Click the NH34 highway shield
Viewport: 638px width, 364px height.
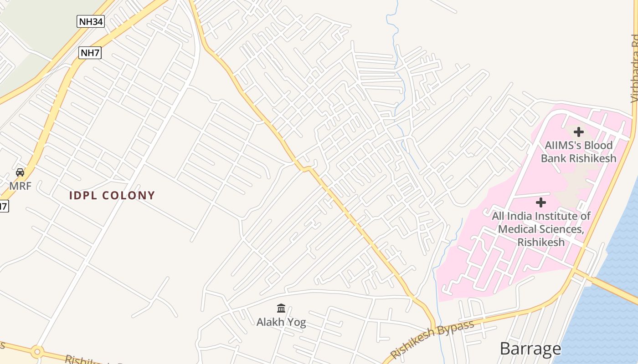(90, 21)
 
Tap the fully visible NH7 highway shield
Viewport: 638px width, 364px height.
(90, 53)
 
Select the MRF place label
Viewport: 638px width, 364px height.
(21, 186)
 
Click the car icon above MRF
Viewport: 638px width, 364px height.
(20, 172)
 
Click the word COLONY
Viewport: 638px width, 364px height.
(129, 196)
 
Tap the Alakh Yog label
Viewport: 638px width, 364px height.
(281, 322)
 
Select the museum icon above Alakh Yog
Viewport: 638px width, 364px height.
(281, 309)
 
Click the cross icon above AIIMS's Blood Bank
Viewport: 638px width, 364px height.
(579, 132)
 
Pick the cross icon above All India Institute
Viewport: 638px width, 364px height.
(541, 202)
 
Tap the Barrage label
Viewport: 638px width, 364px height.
(530, 349)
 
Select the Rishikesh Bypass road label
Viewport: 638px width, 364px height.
(432, 339)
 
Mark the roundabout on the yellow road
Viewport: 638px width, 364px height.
(37, 352)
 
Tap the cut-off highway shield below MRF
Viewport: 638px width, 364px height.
(3, 206)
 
